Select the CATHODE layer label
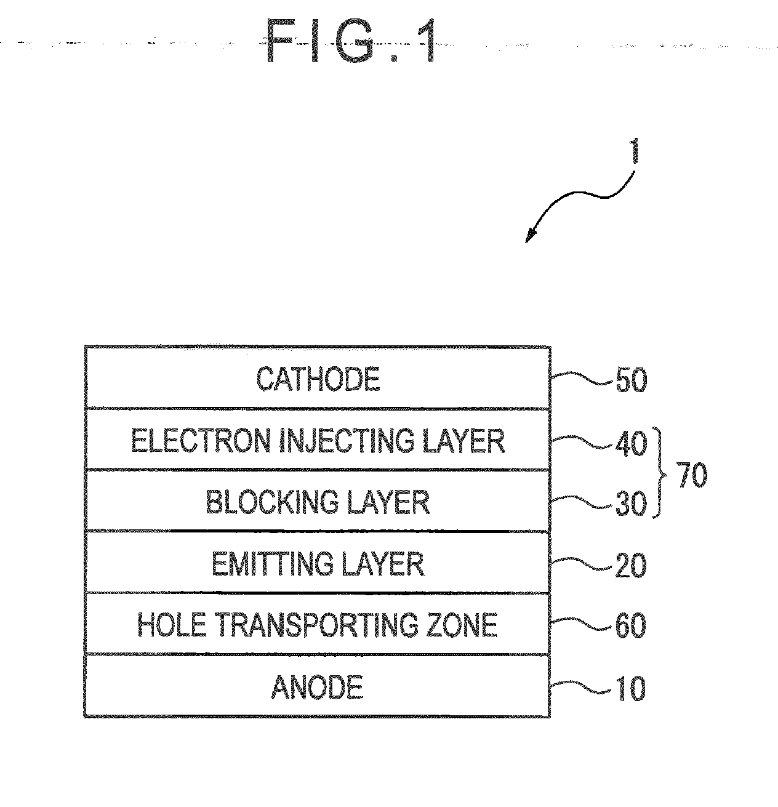pyautogui.click(x=318, y=379)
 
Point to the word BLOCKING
pyautogui.click(x=272, y=502)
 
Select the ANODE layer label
pyautogui.click(x=317, y=687)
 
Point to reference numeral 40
pyautogui.click(x=631, y=443)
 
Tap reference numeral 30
pyautogui.click(x=631, y=505)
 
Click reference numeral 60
pyautogui.click(x=631, y=627)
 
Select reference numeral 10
pyautogui.click(x=631, y=688)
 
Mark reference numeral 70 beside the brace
pyautogui.click(x=692, y=476)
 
